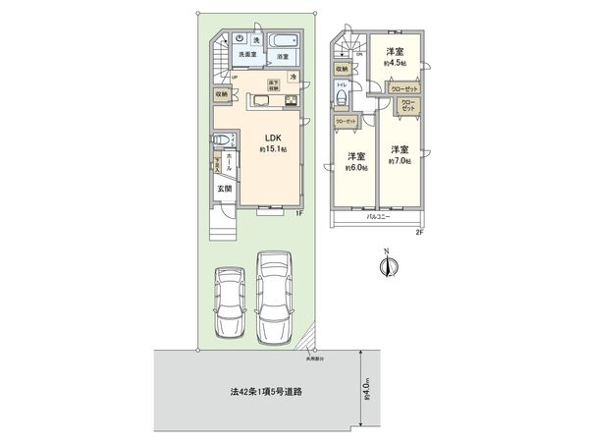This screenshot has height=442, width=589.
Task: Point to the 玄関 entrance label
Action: pyautogui.click(x=224, y=189)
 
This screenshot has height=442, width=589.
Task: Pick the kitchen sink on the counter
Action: pyautogui.click(x=265, y=101)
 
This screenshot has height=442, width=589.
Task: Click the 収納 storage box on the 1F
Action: pyautogui.click(x=223, y=94)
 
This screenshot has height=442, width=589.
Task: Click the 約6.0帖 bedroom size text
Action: pyautogui.click(x=355, y=166)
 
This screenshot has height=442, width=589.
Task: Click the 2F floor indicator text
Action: pyautogui.click(x=418, y=232)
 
